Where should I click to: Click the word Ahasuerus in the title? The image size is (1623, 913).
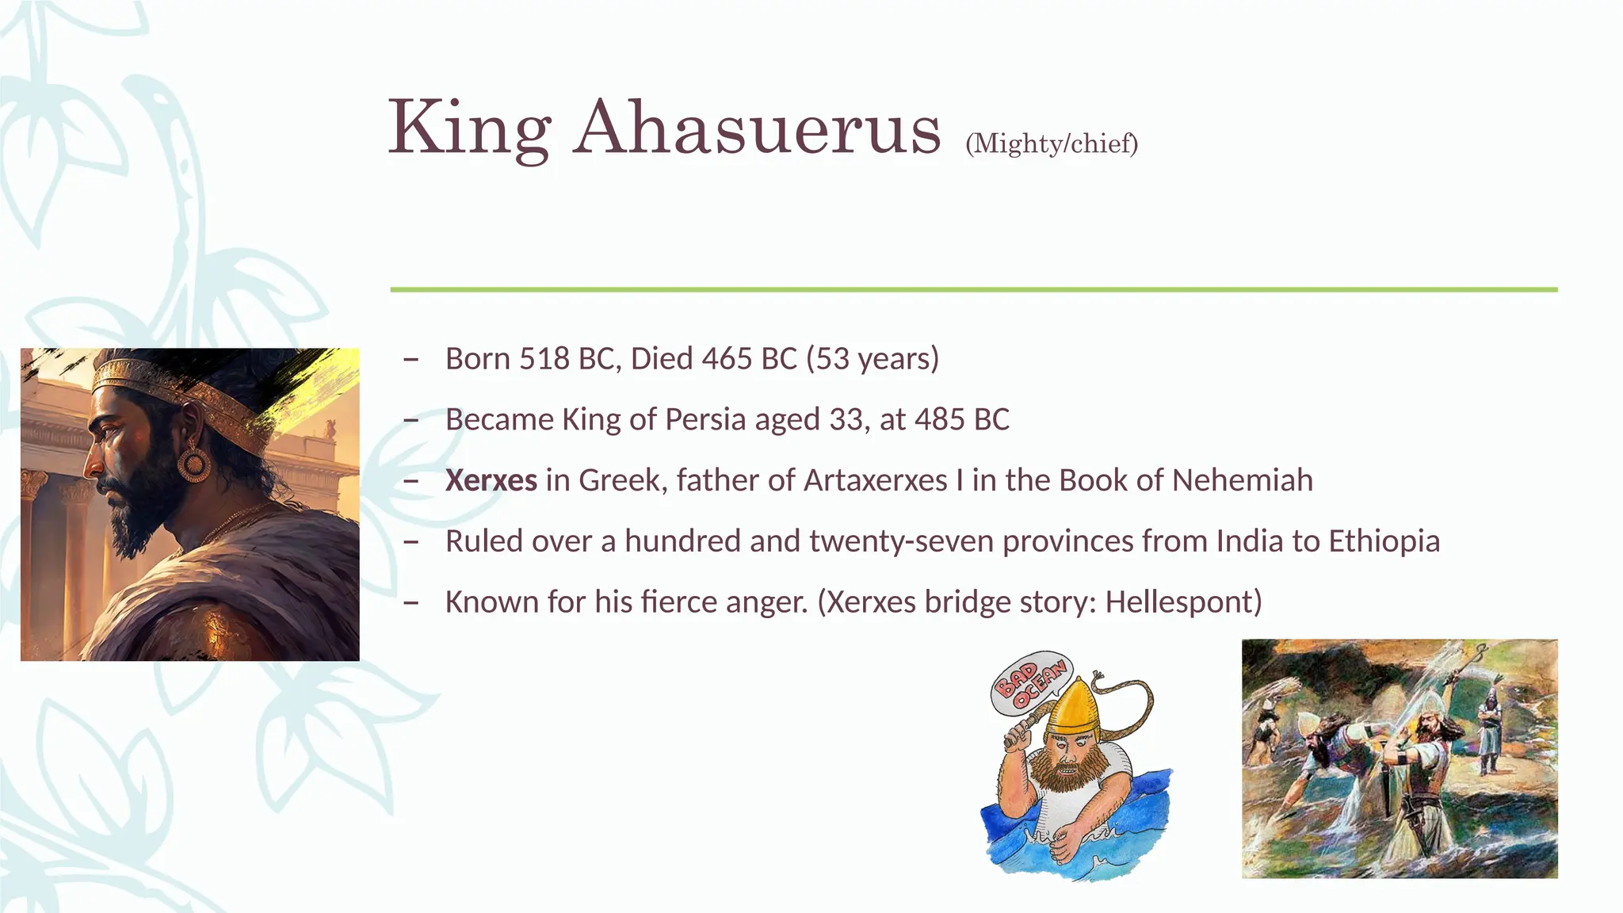click(x=758, y=128)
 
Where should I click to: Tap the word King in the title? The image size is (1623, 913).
click(x=469, y=128)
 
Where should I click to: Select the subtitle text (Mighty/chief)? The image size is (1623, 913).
click(x=1052, y=143)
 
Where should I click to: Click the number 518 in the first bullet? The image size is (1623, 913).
click(x=544, y=359)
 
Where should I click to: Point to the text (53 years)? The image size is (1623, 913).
click(x=873, y=359)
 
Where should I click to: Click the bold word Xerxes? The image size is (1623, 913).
click(x=491, y=481)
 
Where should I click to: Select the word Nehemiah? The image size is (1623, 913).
click(x=1242, y=481)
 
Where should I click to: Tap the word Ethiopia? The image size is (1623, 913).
click(x=1384, y=542)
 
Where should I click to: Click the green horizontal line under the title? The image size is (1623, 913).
click(x=973, y=290)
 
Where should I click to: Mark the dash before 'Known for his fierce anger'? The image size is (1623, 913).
click(x=411, y=603)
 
